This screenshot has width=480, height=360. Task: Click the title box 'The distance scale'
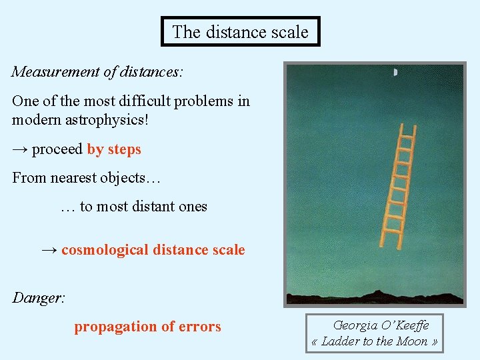(240, 32)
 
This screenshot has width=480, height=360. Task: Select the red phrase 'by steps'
(114, 149)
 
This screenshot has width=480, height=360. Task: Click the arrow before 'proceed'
(20, 149)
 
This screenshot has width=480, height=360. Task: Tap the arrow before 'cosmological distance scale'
(49, 251)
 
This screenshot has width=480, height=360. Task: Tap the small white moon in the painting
(396, 72)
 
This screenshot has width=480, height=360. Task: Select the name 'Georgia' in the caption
(355, 326)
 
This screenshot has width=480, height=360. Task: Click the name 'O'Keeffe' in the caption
(405, 326)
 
